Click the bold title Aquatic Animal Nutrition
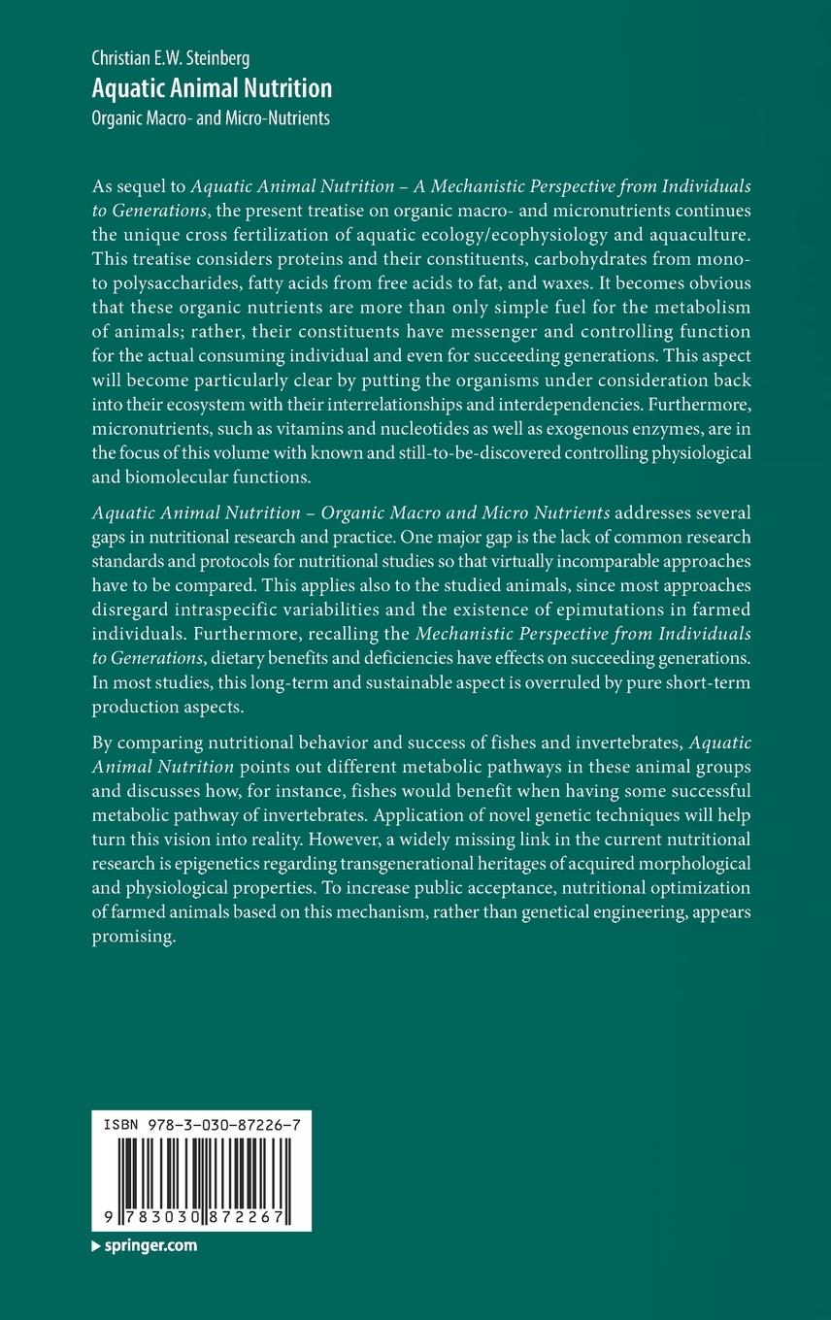pos(212,88)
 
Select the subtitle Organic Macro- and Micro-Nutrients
pos(211,118)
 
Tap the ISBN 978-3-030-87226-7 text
pos(201,1121)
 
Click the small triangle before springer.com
pos(95,1246)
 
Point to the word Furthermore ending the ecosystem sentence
pos(694,402)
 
